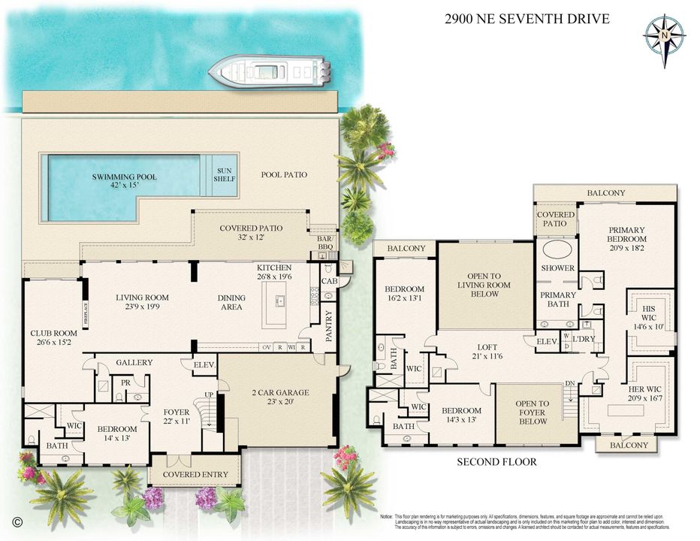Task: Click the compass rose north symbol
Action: tap(665, 34)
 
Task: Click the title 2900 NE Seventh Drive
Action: tap(527, 19)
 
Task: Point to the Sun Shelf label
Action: tap(225, 176)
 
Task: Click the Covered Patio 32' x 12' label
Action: tap(250, 234)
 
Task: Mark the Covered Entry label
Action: tap(195, 474)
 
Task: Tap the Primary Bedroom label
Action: tap(627, 235)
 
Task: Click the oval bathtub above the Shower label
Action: tap(557, 249)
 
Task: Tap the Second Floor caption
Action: tap(497, 461)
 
